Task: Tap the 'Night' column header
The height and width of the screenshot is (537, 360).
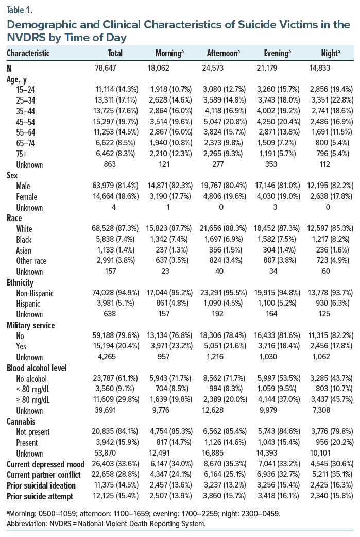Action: [330, 53]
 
